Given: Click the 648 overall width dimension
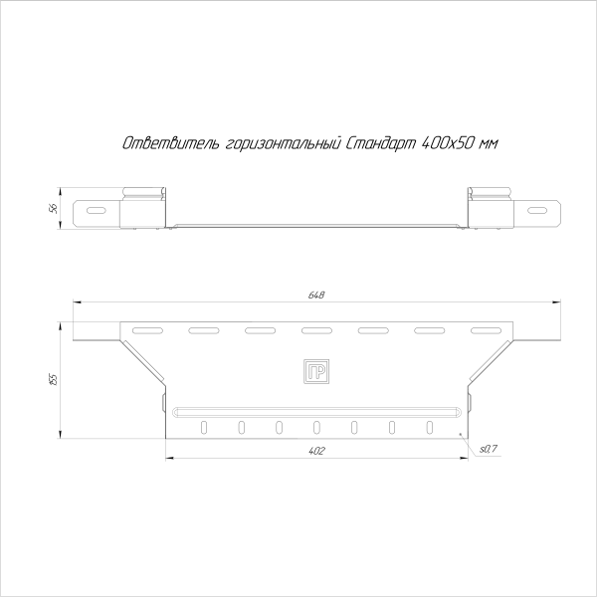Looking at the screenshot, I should point(317,296).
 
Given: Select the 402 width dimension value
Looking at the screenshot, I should point(317,451).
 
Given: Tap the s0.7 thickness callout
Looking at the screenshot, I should point(488,451).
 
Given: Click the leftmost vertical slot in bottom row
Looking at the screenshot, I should point(203,427).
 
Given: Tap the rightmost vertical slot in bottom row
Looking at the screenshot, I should point(430,427).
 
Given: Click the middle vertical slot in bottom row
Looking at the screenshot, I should point(316,427).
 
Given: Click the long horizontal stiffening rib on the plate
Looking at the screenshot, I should point(316,409).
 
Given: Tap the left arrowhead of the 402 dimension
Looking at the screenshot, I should point(168,458).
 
